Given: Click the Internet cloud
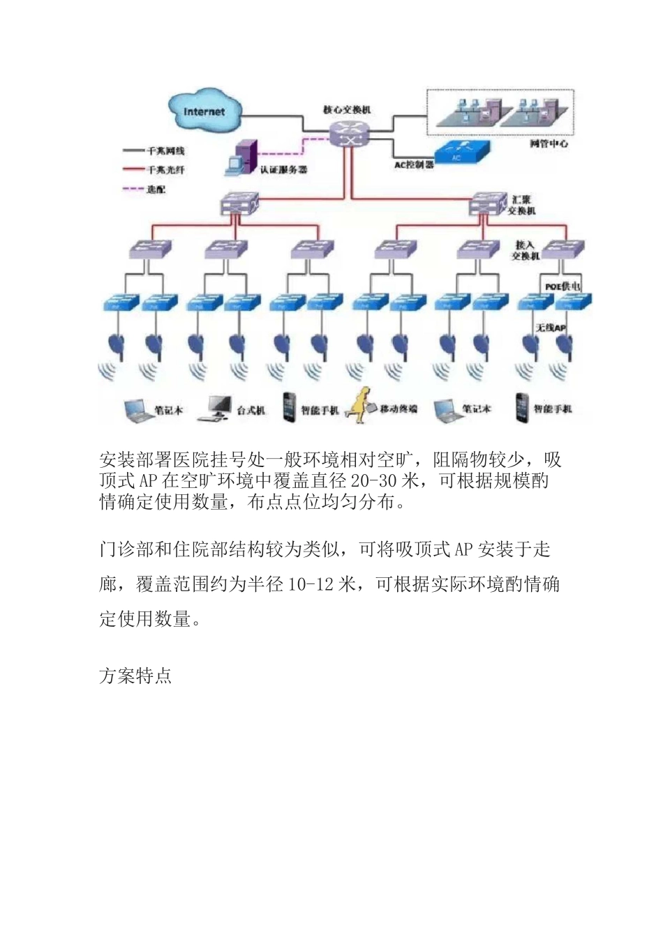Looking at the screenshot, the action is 204,111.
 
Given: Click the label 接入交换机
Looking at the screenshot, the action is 526,250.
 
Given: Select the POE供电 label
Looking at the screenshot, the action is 563,286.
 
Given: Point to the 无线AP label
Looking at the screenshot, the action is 550,326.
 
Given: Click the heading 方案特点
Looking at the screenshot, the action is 135,676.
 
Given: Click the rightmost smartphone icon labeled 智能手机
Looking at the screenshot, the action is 521,408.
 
